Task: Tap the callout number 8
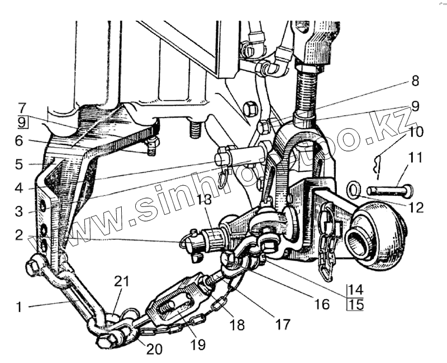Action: (414, 81)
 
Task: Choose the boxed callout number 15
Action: (355, 304)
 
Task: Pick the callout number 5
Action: (20, 165)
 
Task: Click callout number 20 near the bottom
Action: (155, 350)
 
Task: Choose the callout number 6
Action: (20, 142)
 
